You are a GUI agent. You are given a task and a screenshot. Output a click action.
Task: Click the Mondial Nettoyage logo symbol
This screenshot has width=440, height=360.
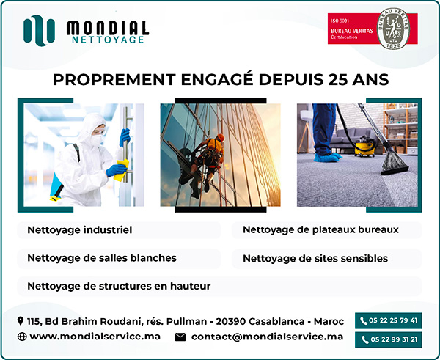pos(40,30)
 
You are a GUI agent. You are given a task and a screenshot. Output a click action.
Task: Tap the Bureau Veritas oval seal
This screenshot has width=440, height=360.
pos(393,29)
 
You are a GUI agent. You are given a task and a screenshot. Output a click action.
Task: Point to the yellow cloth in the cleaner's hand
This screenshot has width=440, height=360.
pos(122,170)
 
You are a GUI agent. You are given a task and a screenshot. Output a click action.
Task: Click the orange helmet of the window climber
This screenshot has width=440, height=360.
pos(221,138)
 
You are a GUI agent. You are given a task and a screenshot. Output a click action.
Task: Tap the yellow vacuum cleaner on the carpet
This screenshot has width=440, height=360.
pos(364,146)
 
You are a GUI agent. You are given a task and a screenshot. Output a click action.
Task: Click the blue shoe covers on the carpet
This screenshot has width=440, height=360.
pos(328,158)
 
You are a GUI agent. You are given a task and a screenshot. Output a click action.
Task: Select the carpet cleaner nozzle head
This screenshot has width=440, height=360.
pos(395,164)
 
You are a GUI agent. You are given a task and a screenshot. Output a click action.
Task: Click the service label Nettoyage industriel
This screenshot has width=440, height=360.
pos(80,230)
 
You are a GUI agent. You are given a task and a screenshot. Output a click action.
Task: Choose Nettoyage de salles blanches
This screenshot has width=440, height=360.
pos(102,258)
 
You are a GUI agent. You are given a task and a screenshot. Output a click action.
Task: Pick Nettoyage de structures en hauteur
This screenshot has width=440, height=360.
pos(119,286)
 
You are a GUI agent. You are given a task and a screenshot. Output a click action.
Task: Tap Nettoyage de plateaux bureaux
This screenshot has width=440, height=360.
pos(320,229)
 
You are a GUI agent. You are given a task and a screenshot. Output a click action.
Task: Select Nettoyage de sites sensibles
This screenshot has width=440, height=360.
pos(315,258)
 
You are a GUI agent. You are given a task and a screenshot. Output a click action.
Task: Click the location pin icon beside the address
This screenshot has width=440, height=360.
pos(21,321)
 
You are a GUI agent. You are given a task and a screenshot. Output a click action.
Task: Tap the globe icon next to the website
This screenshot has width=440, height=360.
pos(22,337)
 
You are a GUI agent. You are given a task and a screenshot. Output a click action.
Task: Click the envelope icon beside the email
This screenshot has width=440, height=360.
pos(180,337)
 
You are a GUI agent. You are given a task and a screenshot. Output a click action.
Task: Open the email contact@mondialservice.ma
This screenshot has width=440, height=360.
pos(267,337)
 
